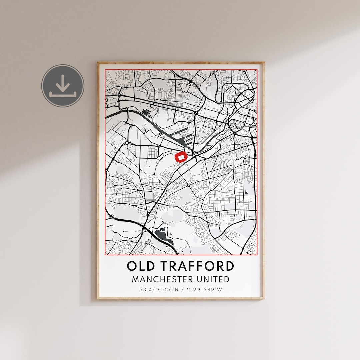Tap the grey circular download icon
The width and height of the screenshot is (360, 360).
tap(63, 86)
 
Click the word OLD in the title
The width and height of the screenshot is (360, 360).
tap(140, 266)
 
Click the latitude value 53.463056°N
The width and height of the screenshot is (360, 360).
tap(157, 289)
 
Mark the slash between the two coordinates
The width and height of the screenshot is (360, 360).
tap(180, 289)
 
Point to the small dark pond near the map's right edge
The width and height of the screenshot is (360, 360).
tap(246, 192)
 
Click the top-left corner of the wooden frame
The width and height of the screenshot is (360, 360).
tap(98, 63)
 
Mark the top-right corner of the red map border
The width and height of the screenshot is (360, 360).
tap(257, 70)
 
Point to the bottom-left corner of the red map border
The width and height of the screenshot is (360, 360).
tap(105, 255)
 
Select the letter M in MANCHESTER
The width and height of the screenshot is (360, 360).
tap(135, 279)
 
